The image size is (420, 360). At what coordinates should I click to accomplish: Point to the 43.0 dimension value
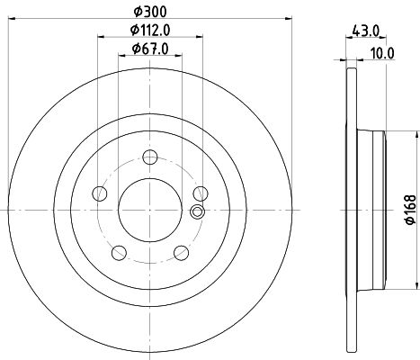[364, 31]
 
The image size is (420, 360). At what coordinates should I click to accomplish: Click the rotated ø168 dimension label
[411, 209]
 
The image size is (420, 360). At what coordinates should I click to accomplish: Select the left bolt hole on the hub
[100, 193]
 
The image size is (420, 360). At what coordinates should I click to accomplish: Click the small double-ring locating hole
[198, 212]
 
